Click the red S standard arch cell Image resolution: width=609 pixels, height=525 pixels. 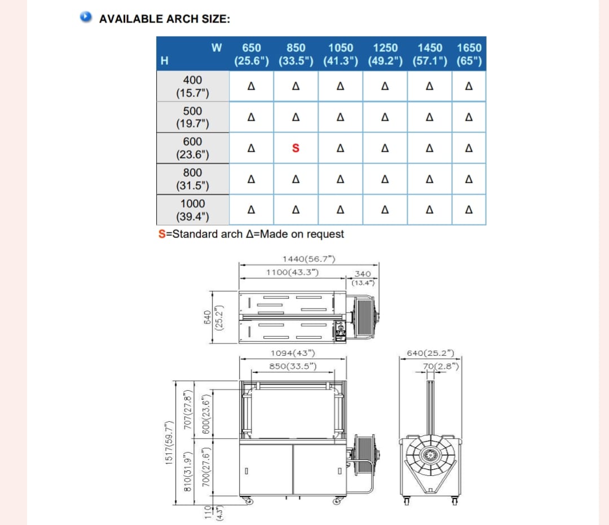click(295, 148)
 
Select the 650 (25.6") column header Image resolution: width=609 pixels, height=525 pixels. click(251, 54)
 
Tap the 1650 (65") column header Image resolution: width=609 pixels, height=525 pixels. click(469, 54)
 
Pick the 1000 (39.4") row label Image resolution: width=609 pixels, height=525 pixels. click(193, 210)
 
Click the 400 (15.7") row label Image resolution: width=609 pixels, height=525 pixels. click(193, 86)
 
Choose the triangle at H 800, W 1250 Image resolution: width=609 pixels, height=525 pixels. click(385, 179)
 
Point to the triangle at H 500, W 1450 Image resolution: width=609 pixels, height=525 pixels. click(430, 117)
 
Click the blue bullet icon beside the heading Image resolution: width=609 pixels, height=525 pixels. click(86, 17)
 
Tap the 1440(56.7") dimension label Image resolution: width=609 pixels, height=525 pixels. click(309, 259)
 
